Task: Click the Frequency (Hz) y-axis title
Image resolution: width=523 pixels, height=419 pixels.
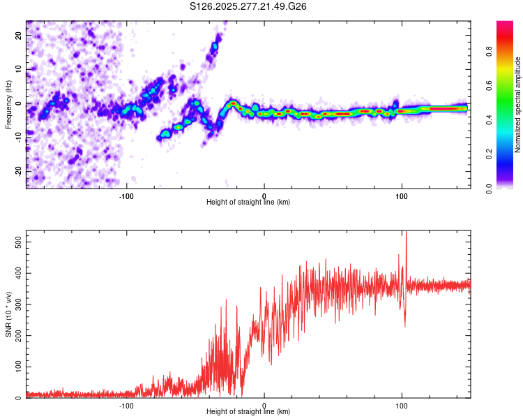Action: [x=8, y=105]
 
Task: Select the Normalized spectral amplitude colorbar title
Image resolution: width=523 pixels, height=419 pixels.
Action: [x=518, y=105]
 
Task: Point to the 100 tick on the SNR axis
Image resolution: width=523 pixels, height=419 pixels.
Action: [x=17, y=367]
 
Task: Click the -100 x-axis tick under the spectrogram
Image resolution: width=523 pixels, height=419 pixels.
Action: [x=126, y=196]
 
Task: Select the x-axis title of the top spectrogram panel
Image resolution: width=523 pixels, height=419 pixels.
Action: [x=248, y=202]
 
